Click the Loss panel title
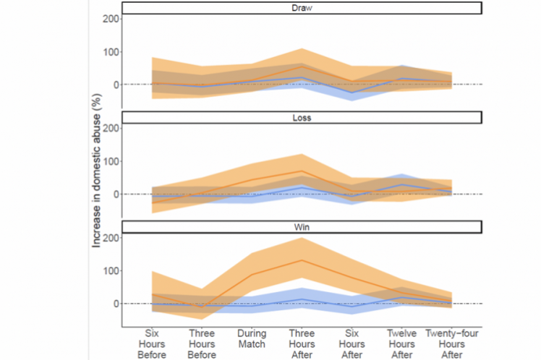click(x=302, y=117)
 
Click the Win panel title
click(x=302, y=227)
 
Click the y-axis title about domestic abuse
click(x=96, y=180)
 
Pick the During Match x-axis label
click(x=252, y=339)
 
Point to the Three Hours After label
click(x=302, y=344)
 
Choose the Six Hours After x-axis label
click(x=352, y=344)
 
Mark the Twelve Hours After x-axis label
click(x=402, y=344)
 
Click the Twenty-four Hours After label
click(x=452, y=344)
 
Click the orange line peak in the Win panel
click(x=302, y=260)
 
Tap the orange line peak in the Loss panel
click(x=302, y=171)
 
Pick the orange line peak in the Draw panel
click(x=302, y=67)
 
